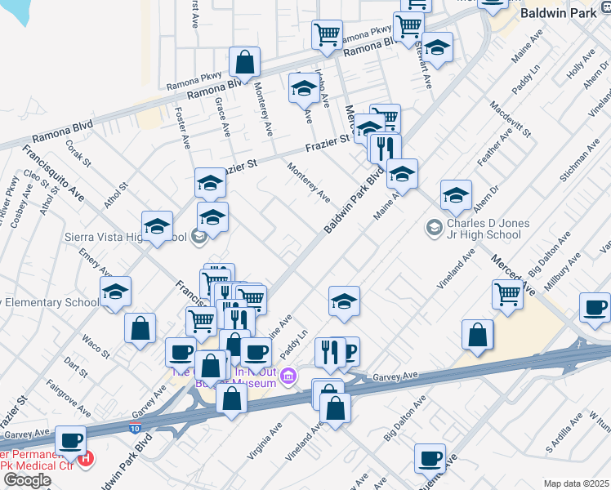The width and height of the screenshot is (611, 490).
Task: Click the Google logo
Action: [x=26, y=479]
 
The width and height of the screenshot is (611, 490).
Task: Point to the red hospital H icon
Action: [x=87, y=460]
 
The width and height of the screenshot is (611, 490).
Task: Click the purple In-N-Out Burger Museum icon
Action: [x=288, y=376]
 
